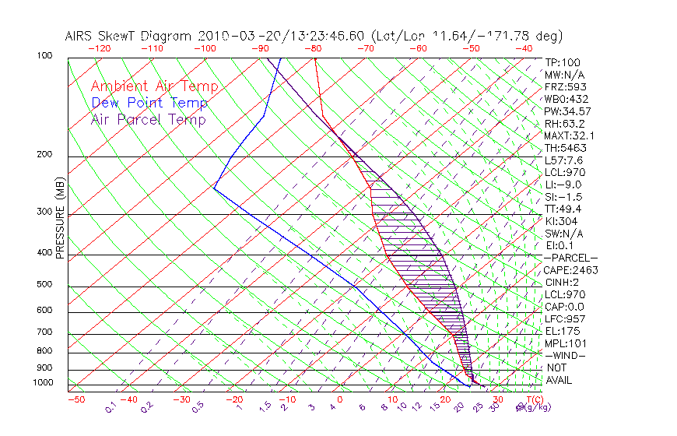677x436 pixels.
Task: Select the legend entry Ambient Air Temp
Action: point(154,86)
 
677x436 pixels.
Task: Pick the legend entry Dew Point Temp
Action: point(149,103)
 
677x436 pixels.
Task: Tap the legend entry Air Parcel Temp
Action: point(148,119)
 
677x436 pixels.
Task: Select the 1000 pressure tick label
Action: point(44,383)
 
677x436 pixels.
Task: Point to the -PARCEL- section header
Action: point(570,258)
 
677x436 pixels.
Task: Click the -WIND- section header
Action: point(566,355)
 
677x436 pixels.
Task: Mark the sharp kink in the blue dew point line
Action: point(214,188)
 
